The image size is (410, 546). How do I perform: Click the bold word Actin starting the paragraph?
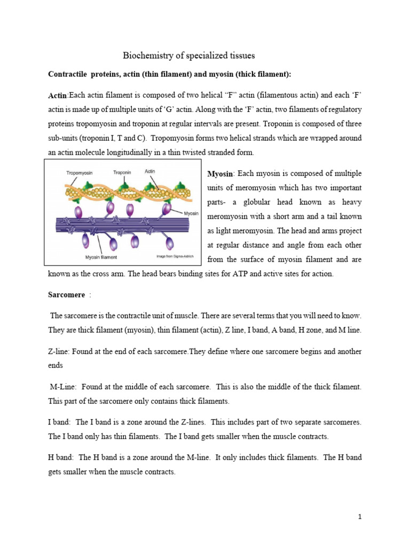tap(58, 95)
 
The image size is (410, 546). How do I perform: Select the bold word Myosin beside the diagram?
tap(219, 174)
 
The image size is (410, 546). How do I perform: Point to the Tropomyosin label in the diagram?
tap(81, 173)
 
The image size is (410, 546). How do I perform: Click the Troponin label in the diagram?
tap(123, 173)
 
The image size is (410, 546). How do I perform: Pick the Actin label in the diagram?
tap(151, 172)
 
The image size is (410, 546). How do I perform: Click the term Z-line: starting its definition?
tap(59, 352)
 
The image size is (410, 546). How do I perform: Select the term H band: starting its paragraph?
tap(61, 457)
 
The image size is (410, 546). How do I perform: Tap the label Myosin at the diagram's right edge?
tap(191, 213)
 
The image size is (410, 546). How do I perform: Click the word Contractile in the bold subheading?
tap(67, 74)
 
